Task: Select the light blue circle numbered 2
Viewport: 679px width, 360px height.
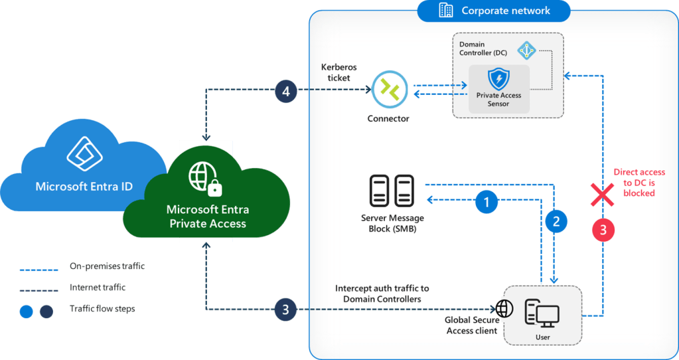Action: pyautogui.click(x=556, y=221)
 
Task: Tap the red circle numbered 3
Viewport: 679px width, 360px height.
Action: pyautogui.click(x=603, y=230)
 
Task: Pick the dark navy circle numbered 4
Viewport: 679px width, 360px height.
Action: pyautogui.click(x=286, y=91)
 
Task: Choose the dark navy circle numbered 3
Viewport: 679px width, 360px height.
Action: pyautogui.click(x=286, y=309)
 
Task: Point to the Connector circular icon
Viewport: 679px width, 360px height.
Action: pyautogui.click(x=388, y=91)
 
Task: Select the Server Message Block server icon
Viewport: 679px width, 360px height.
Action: pyautogui.click(x=392, y=191)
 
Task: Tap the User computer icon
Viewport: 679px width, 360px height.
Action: pyautogui.click(x=542, y=313)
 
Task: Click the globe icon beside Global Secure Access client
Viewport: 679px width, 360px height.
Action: pyautogui.click(x=502, y=309)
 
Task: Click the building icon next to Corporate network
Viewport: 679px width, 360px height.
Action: pyautogui.click(x=446, y=10)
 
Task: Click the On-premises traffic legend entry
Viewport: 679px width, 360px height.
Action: pyautogui.click(x=106, y=266)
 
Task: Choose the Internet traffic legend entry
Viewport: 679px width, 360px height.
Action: pyautogui.click(x=97, y=288)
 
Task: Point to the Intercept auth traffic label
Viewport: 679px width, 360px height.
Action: pyautogui.click(x=382, y=294)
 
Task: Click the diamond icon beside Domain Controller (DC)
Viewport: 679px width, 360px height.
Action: pyautogui.click(x=526, y=50)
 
